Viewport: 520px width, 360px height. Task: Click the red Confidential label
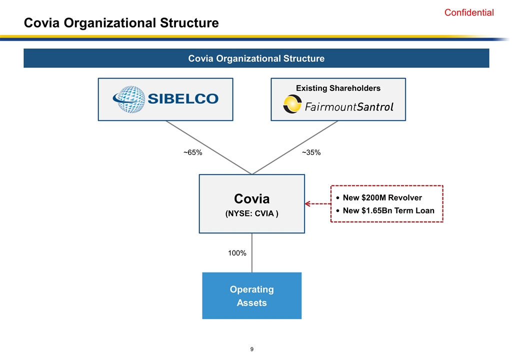coord(469,13)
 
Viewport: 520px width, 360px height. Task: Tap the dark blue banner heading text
coord(256,58)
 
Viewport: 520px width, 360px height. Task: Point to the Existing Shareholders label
coord(338,88)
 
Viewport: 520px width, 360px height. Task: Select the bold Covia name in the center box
coord(252,198)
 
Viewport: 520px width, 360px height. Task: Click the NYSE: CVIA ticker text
coord(252,214)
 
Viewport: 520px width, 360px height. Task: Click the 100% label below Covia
coord(237,253)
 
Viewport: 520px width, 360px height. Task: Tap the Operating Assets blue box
coord(251,296)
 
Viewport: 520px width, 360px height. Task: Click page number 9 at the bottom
coord(252,349)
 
